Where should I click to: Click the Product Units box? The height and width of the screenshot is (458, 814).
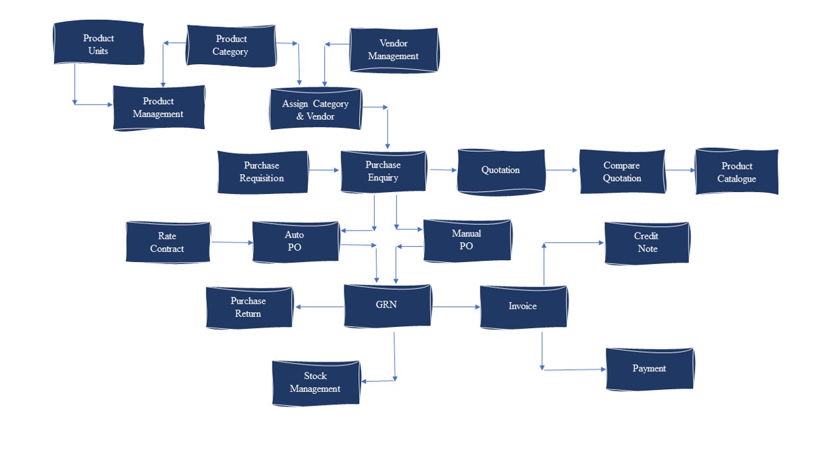pos(98,44)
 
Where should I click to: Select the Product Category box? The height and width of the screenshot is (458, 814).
pos(231,46)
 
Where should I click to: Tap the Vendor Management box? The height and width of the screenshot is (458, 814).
pos(393,50)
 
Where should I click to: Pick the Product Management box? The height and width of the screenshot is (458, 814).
pos(159,108)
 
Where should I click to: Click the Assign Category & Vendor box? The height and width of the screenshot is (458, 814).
pos(315,110)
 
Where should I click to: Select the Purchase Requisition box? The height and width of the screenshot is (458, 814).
pos(262,172)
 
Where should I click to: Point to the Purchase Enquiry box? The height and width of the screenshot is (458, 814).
pos(383,172)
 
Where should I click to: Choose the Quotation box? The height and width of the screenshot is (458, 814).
pos(500,171)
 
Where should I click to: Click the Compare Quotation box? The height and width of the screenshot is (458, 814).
pos(622,172)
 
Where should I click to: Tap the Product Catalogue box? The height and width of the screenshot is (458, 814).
pos(736,173)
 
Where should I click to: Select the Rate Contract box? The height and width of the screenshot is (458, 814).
pos(168,243)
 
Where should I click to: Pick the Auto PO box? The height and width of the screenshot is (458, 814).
pos(295,242)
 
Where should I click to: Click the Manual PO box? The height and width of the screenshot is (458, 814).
pos(466,240)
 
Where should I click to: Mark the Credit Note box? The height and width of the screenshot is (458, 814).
pos(646,243)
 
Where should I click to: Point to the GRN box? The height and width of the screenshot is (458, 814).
pos(387,306)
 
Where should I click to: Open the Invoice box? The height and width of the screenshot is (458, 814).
pos(523,307)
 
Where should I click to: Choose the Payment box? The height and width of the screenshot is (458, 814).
pos(649,369)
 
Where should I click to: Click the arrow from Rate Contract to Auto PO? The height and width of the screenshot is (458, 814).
pos(231,242)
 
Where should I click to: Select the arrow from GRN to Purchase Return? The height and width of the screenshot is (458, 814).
pos(319,307)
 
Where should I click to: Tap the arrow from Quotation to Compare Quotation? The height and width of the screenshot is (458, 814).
pos(562,171)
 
